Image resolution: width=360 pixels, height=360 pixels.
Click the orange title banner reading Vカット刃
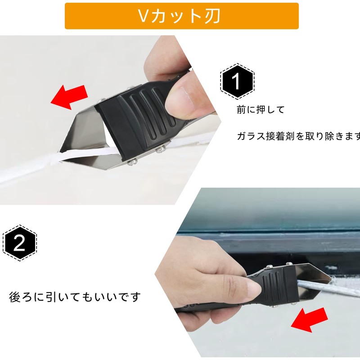(x=181, y=16)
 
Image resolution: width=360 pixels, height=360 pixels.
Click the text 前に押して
(x=261, y=110)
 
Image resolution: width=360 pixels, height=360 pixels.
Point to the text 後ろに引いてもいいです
(x=75, y=297)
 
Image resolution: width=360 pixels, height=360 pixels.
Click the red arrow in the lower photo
(x=309, y=320)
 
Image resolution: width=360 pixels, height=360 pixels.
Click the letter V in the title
(x=144, y=16)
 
